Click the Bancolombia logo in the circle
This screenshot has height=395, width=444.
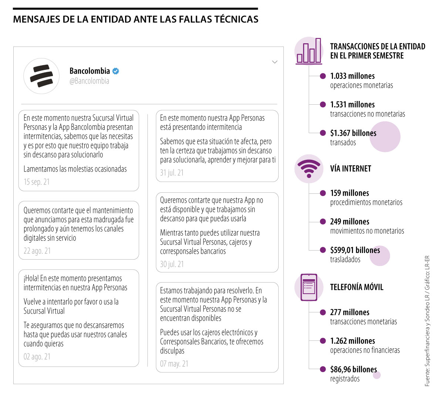coord(41,76)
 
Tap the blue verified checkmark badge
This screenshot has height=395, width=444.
coord(116,71)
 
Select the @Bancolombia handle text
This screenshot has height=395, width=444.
coord(89,81)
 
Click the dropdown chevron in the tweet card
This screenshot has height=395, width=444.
coord(275,62)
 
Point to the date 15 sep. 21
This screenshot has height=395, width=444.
coord(36,182)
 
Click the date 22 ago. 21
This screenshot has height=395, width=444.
coord(37,251)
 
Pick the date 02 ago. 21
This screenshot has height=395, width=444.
coord(37,357)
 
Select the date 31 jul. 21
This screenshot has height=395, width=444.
coord(172,173)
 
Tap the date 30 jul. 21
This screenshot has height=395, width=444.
coord(172,264)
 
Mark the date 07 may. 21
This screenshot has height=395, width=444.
coord(174,364)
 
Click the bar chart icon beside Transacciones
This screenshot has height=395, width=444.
coord(309,52)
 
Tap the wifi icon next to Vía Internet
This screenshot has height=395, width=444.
coord(309,169)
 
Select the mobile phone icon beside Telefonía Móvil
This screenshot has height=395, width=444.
coord(309,287)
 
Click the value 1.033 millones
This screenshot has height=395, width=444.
coord(352,76)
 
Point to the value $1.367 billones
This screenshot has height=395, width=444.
coord(353,133)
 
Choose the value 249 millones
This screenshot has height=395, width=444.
coord(350,222)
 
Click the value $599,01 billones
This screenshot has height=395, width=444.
coord(355,250)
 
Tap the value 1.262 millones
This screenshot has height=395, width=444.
coord(352,341)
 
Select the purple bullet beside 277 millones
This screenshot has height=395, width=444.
coord(323,313)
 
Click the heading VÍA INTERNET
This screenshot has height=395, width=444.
coord(350,169)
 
